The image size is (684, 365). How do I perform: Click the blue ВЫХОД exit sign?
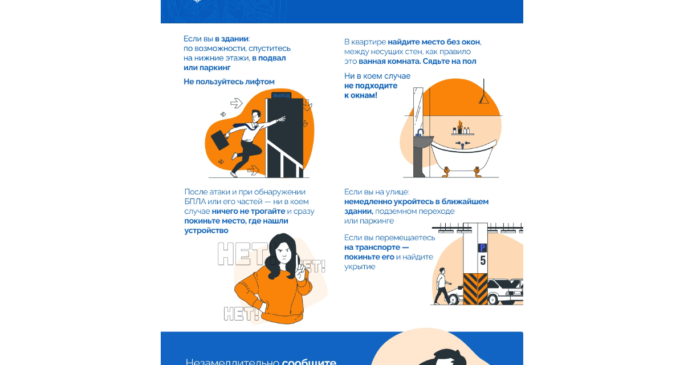[281, 96]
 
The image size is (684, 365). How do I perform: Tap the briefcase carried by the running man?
[220, 140]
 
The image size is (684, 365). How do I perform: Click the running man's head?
[256, 116]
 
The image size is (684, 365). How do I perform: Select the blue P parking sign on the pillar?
[482, 248]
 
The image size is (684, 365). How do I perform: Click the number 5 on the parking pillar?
[483, 261]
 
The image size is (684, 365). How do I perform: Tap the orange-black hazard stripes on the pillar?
[475, 289]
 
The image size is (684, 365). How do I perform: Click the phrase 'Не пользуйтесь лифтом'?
[229, 82]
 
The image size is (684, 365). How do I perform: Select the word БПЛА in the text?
[195, 201]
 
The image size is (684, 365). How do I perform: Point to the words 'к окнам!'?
[361, 95]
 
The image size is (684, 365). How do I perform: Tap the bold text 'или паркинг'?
[207, 68]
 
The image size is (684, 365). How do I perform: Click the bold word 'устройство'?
[206, 230]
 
